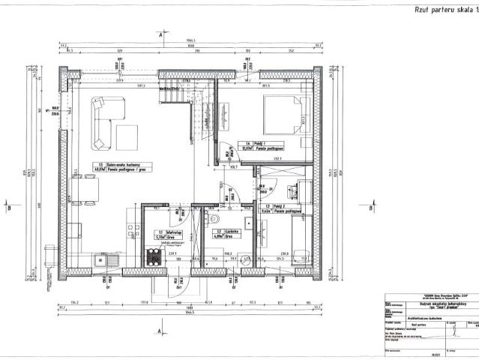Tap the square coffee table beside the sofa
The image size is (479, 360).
126,136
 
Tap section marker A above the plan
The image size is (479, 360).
160,34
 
